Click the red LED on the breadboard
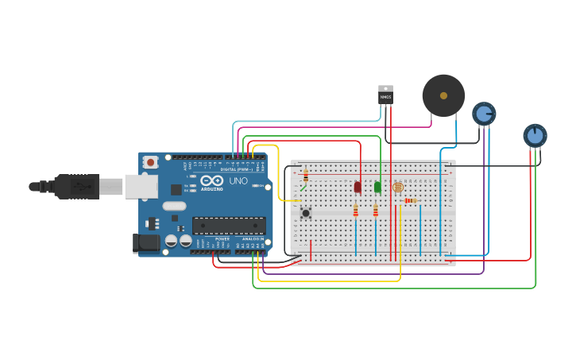pos(358,188)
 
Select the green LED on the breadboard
pos(377,188)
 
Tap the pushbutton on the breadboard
pos(305,212)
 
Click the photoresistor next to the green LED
pos(398,187)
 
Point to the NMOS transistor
pos(385,95)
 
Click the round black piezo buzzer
pos(443,96)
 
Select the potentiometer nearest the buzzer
pos(484,114)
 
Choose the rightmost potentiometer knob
pos(535,135)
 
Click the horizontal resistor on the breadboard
pos(409,201)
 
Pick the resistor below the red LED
pos(355,211)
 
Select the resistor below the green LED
pos(376,211)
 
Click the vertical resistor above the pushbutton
pos(306,176)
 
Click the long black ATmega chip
pos(229,225)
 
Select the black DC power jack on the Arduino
pos(147,243)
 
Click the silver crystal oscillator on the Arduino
pos(175,206)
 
